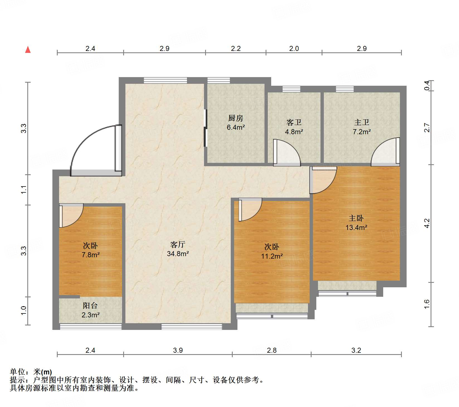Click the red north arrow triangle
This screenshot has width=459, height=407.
(28, 50)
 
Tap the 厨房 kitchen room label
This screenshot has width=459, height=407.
(235, 122)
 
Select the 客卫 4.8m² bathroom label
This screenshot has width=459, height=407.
(294, 127)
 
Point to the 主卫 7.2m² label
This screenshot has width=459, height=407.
(361, 127)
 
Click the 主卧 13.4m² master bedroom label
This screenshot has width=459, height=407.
(356, 223)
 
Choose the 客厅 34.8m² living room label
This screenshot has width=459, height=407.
(178, 249)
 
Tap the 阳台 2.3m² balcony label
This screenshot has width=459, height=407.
(90, 310)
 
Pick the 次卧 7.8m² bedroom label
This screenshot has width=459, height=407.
(90, 250)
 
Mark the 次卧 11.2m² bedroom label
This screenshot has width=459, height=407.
(272, 251)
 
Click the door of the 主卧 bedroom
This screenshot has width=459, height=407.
(323, 180)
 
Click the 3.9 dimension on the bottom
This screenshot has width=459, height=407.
(178, 350)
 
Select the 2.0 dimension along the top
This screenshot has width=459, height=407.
(294, 49)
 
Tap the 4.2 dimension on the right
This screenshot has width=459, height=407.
(427, 223)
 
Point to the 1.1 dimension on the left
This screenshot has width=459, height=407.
(24, 190)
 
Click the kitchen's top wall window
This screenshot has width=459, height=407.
(218, 80)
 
